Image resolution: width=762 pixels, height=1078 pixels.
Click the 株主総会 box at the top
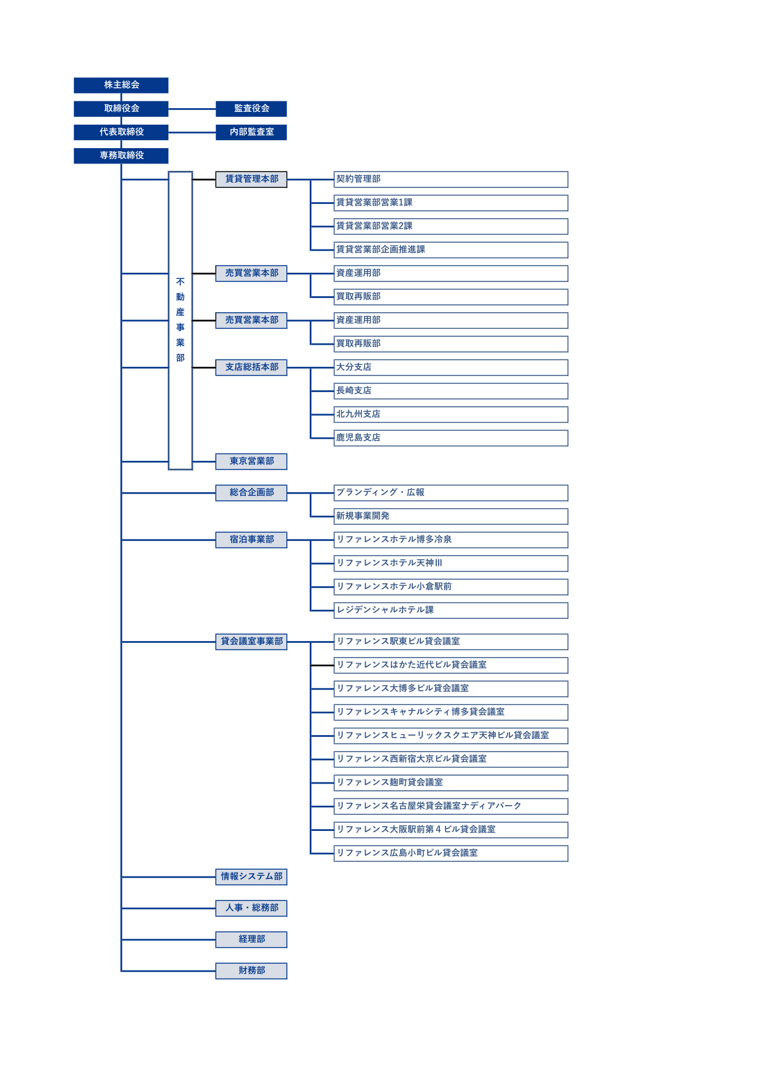pyautogui.click(x=121, y=85)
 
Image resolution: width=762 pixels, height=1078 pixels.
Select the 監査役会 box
pyautogui.click(x=251, y=109)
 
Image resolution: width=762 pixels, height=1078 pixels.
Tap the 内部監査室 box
pyautogui.click(x=251, y=132)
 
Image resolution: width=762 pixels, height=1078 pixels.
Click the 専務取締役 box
pyautogui.click(x=121, y=155)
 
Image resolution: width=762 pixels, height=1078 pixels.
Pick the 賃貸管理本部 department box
pyautogui.click(x=251, y=179)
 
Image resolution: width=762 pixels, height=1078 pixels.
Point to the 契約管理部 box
pyautogui.click(x=450, y=179)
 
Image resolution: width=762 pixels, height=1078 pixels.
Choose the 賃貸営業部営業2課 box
pyautogui.click(x=450, y=226)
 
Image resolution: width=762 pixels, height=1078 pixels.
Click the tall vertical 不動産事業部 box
pyautogui.click(x=180, y=320)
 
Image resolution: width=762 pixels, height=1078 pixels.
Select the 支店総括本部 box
pyautogui.click(x=251, y=368)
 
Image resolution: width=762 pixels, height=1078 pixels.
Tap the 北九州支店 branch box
pyautogui.click(x=450, y=414)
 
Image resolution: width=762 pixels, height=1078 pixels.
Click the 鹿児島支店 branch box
pyautogui.click(x=450, y=438)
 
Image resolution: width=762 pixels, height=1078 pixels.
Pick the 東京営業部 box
pyautogui.click(x=251, y=462)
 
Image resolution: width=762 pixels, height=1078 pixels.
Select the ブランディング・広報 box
pyautogui.click(x=450, y=493)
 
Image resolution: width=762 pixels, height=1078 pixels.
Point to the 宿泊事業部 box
pyautogui.click(x=251, y=540)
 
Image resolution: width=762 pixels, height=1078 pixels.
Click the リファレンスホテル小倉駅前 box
pyautogui.click(x=450, y=587)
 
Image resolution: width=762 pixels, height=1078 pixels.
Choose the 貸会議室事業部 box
pyautogui.click(x=251, y=642)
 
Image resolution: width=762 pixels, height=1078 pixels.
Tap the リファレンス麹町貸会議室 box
pyautogui.click(x=450, y=783)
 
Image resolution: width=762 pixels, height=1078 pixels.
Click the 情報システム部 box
pyautogui.click(x=251, y=876)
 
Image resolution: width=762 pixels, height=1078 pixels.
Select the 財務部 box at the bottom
pyautogui.click(x=251, y=971)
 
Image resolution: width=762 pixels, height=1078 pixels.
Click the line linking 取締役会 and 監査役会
pyautogui.click(x=192, y=109)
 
